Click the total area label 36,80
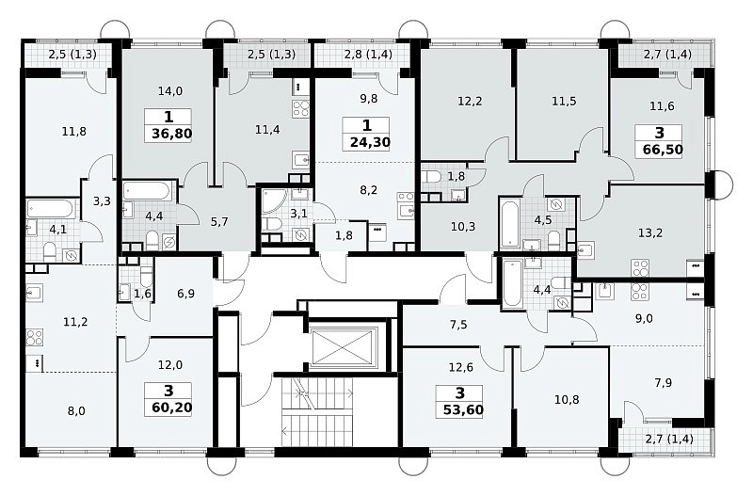(x=172, y=134)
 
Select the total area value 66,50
(x=663, y=150)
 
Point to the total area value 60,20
(x=171, y=408)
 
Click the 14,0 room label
(x=170, y=90)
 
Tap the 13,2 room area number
(x=650, y=232)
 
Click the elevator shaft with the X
(x=345, y=347)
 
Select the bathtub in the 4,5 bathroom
(x=509, y=223)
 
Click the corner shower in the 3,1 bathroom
(x=271, y=201)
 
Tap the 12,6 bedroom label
(x=460, y=367)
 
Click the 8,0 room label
(x=76, y=410)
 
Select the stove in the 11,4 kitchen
(x=301, y=109)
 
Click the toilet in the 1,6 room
(x=146, y=276)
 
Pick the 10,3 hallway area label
(x=463, y=226)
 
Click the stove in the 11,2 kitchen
(x=35, y=338)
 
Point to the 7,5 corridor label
(x=458, y=325)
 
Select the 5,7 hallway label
(x=219, y=221)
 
